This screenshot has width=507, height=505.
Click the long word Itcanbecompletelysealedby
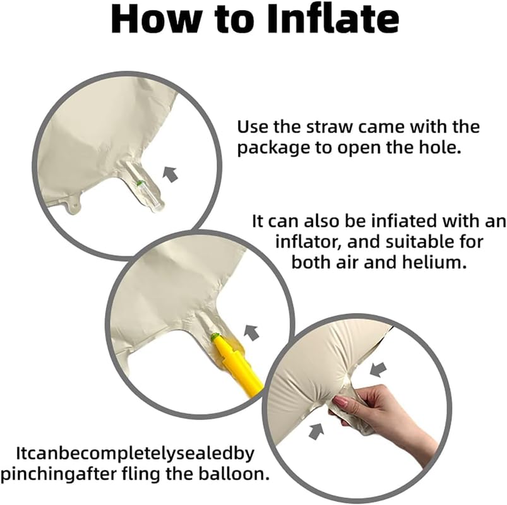pyautogui.click(x=135, y=454)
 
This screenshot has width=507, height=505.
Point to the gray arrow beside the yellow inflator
pyautogui.click(x=251, y=333)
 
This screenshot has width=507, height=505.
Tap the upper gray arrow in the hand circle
pyautogui.click(x=378, y=369)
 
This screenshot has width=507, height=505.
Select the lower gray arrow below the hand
pyautogui.click(x=316, y=431)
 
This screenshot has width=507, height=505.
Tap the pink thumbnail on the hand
pyautogui.click(x=342, y=402)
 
